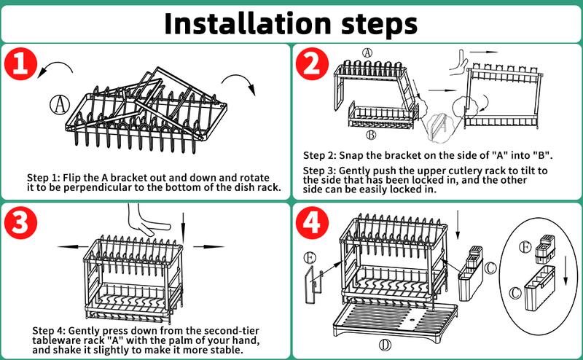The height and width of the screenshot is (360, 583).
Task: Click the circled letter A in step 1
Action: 60,103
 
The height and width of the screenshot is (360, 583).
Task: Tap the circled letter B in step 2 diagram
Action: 370,135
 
